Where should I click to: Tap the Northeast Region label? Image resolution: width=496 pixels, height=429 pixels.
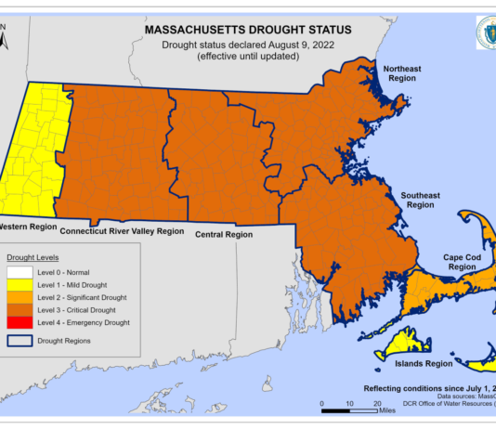coord(404,74)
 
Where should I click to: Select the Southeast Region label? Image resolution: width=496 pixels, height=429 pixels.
coord(421,200)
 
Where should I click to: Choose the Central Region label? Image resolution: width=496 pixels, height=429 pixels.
coord(224,235)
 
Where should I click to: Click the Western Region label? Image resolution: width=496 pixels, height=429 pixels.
coord(28,226)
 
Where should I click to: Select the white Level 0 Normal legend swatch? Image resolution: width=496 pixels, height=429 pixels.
coord(18,270)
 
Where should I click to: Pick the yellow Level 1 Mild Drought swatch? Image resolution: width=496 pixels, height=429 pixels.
coord(18,283)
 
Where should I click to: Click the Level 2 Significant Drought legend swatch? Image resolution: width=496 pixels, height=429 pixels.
coord(18,296)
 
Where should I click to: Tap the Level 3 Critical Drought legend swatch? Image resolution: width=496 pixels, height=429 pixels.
coord(18,309)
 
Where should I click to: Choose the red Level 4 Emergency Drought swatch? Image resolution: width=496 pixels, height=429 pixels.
coord(18,322)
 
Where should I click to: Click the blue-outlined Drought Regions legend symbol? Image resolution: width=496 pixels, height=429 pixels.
coord(18,341)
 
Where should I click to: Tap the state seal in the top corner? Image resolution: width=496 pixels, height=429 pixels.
coord(486,32)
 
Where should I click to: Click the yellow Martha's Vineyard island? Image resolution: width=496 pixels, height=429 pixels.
coord(403,343)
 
